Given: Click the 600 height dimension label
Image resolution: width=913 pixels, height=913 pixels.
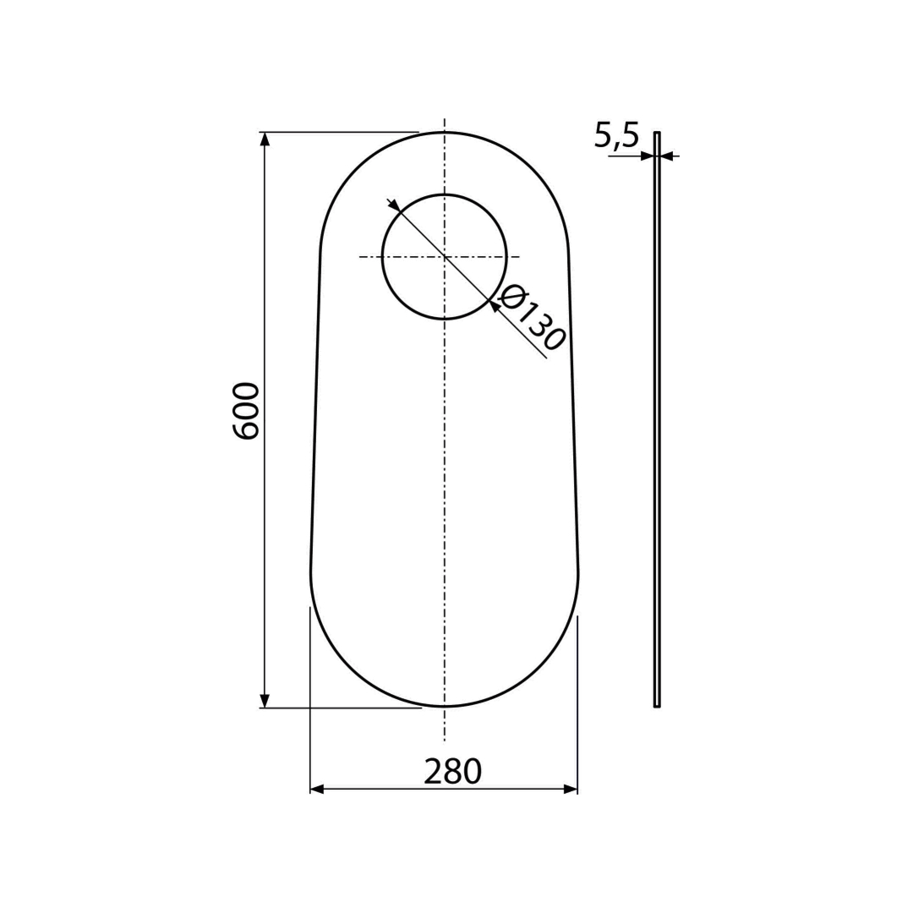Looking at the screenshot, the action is (246, 411).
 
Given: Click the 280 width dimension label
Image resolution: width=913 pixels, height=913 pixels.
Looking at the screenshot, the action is (452, 772).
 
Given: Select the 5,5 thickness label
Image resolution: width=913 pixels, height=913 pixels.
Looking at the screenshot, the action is (616, 135).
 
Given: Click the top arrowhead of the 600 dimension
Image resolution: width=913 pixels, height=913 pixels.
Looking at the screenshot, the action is (265, 139).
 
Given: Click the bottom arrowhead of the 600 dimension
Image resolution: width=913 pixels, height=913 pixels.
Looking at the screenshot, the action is (265, 701).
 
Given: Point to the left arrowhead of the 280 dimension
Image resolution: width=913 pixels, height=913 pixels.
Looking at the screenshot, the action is (317, 789).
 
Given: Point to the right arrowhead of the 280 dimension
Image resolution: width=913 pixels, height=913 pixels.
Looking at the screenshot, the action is (571, 789).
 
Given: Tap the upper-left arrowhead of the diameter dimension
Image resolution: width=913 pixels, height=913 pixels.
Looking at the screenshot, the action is (394, 205).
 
